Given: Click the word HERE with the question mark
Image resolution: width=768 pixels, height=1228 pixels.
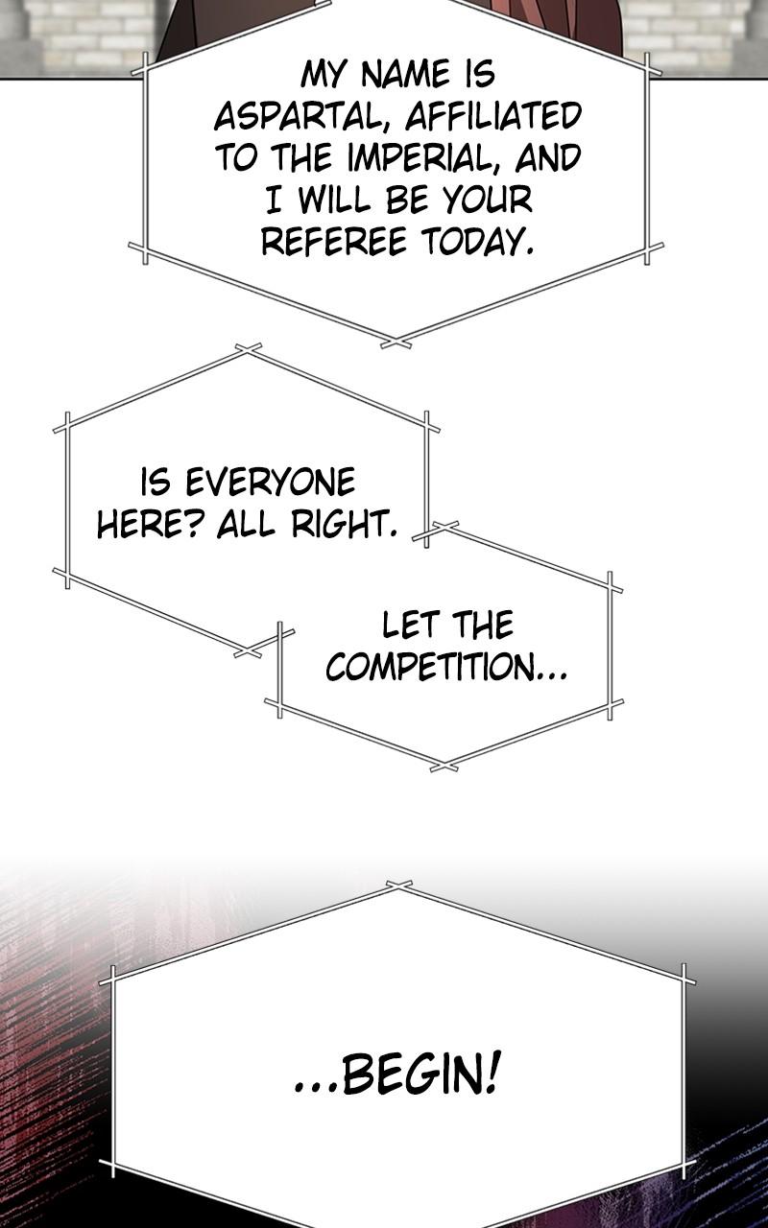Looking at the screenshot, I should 152,525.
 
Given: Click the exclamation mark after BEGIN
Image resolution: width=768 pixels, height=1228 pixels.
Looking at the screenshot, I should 492,1075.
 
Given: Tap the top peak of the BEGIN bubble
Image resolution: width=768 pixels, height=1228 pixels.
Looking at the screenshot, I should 399,885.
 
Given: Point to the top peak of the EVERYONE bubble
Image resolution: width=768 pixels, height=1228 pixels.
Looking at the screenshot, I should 248,349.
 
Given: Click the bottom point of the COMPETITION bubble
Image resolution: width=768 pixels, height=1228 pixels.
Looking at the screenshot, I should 444,767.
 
